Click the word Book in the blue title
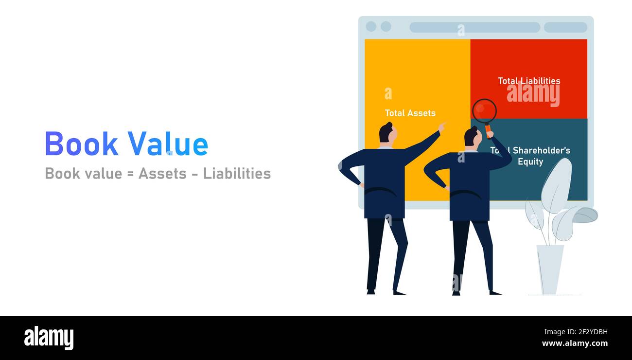pyautogui.click(x=81, y=144)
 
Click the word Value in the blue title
pyautogui.click(x=168, y=144)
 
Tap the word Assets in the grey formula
pyautogui.click(x=162, y=173)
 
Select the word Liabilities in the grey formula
pyautogui.click(x=237, y=173)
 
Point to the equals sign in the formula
pyautogui.click(x=130, y=174)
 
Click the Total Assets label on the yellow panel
pyautogui.click(x=410, y=113)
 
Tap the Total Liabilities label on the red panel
pyautogui.click(x=528, y=81)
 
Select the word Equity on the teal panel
pyautogui.click(x=530, y=162)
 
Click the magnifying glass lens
pyautogui.click(x=484, y=111)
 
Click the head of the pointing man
pyautogui.click(x=387, y=133)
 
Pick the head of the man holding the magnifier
pyautogui.click(x=472, y=137)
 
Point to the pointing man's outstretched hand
pyautogui.click(x=441, y=127)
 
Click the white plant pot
pyautogui.click(x=549, y=269)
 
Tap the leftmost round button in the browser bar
pyautogui.click(x=371, y=26)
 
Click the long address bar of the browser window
pyautogui.click(x=474, y=27)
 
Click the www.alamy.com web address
pyautogui.click(x=575, y=343)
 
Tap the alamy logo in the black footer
pyautogui.click(x=49, y=338)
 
